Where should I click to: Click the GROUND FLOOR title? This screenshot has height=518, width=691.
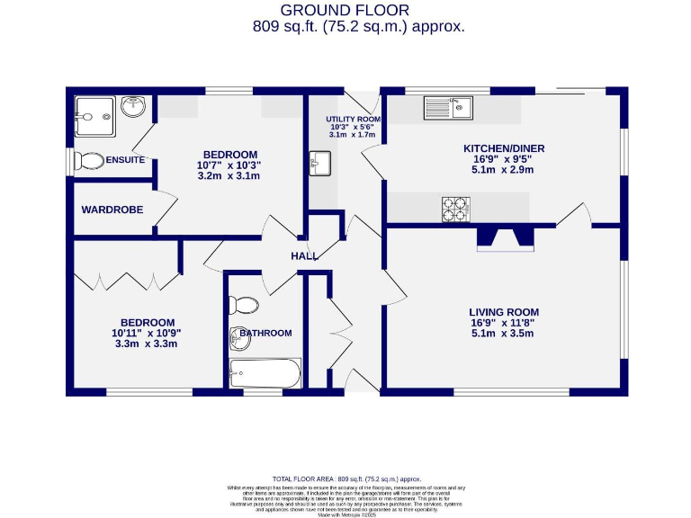pyautogui.click(x=345, y=10)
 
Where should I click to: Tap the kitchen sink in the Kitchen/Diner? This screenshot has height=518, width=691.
pyautogui.click(x=449, y=108)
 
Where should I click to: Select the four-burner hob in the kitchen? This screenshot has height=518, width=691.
pyautogui.click(x=456, y=209)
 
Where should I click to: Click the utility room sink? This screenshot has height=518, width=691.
pyautogui.click(x=320, y=164)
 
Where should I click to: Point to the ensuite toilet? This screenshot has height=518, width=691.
pyautogui.click(x=88, y=161)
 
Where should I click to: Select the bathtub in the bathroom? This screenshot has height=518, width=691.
pyautogui.click(x=265, y=371)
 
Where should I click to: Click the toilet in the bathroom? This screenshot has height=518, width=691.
pyautogui.click(x=242, y=305)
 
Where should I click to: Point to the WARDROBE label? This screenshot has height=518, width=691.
pyautogui.click(x=112, y=210)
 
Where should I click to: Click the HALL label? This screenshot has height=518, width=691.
pyautogui.click(x=303, y=256)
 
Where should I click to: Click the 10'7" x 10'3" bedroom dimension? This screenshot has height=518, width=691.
pyautogui.click(x=229, y=165)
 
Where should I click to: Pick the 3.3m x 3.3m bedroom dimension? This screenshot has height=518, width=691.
pyautogui.click(x=148, y=344)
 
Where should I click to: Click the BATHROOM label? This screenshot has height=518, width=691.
pyautogui.click(x=265, y=333)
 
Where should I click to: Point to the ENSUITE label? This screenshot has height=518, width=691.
pyautogui.click(x=125, y=160)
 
